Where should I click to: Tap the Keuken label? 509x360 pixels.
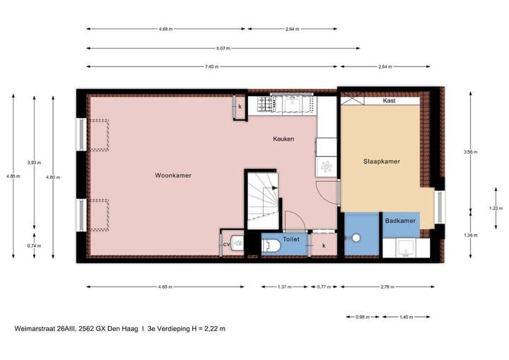pyautogui.click(x=283, y=139)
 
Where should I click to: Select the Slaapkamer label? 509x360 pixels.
pyautogui.click(x=381, y=161)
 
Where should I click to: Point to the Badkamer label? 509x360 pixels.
pyautogui.click(x=399, y=221)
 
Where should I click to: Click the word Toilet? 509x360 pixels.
pyautogui.click(x=291, y=239)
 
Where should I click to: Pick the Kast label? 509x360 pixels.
pyautogui.click(x=388, y=101)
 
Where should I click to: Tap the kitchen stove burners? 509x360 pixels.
pyautogui.click(x=266, y=105)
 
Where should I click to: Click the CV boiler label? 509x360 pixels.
pyautogui.click(x=226, y=244)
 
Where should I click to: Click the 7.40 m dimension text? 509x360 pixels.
pyautogui.click(x=211, y=66)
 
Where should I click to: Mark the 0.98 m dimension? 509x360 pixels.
pyautogui.click(x=361, y=316)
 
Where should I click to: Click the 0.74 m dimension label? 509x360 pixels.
pyautogui.click(x=34, y=245)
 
